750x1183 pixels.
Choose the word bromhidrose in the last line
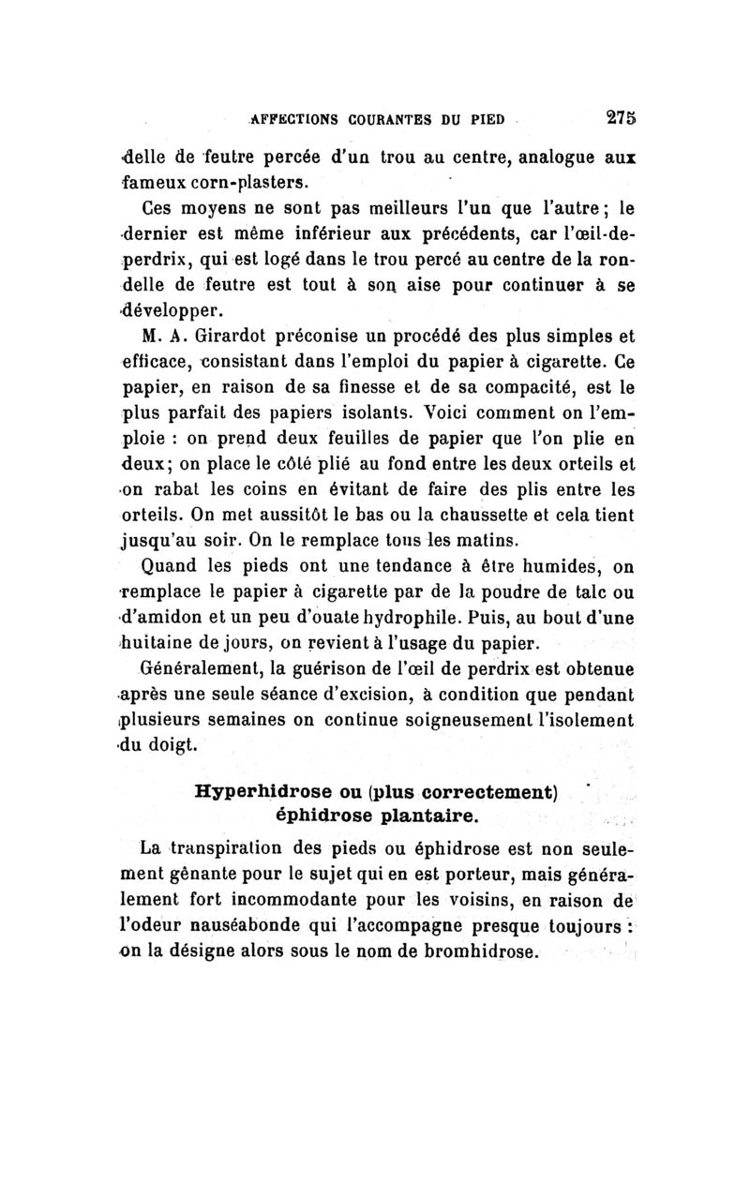[477, 953]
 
